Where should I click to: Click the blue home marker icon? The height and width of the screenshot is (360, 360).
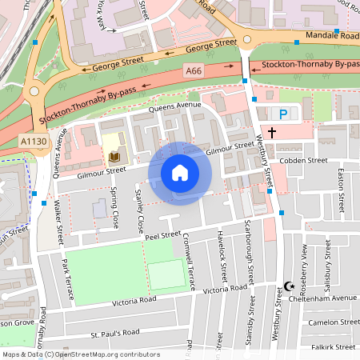(180, 173)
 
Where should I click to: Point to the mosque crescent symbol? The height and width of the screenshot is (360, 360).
(290, 286)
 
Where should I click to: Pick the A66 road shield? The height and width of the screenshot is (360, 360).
(193, 72)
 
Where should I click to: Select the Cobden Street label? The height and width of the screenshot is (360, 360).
(305, 160)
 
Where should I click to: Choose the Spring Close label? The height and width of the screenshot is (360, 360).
(115, 206)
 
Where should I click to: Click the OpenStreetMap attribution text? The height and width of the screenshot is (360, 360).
(80, 354)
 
